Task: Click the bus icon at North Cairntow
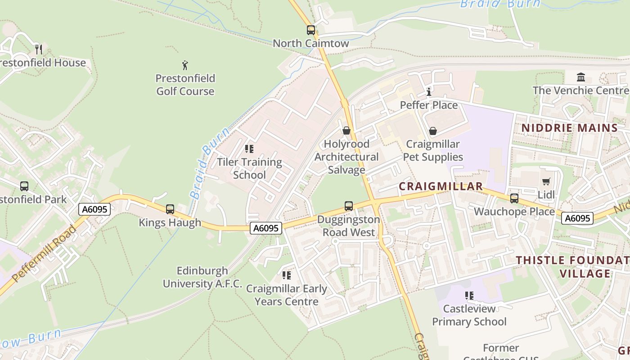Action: [311, 30]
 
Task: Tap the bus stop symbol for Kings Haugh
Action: [170, 209]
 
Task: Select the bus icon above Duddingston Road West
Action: [349, 206]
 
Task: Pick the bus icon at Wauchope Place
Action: [514, 198]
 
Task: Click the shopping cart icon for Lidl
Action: [546, 182]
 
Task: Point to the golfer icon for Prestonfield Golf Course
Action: [185, 65]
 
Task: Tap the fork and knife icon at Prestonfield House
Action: [39, 49]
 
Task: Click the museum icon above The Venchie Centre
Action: [580, 77]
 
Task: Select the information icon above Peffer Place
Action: [429, 92]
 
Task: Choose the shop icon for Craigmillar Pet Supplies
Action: [432, 131]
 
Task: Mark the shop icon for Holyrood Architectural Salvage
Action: [346, 130]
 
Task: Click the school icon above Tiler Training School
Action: [249, 148]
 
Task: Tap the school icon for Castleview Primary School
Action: [469, 296]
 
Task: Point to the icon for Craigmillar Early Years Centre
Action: [286, 275]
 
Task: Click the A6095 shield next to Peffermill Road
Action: [94, 209]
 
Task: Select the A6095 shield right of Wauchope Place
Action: [577, 218]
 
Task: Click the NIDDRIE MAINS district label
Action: [570, 128]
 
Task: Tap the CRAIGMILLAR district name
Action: [441, 186]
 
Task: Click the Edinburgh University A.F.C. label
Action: [202, 277]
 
